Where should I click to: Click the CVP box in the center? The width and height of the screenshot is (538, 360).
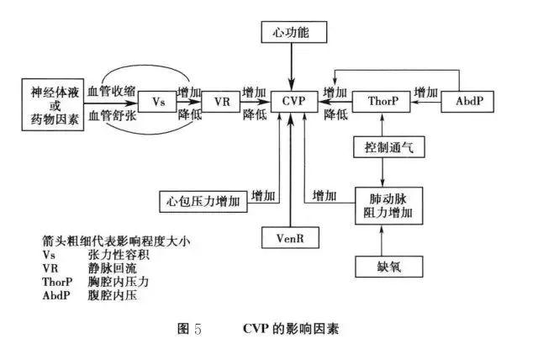[x=289, y=102]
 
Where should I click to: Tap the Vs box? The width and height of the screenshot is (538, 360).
[x=157, y=102]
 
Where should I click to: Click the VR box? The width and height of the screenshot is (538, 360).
[x=221, y=102]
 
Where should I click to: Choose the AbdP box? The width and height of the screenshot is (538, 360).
[x=467, y=102]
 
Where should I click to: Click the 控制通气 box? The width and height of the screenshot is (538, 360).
[x=382, y=148]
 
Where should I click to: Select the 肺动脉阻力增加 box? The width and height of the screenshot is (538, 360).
[x=384, y=204]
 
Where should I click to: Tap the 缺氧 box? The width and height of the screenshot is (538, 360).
[x=382, y=267]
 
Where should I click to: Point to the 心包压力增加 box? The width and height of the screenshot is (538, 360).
[x=203, y=201]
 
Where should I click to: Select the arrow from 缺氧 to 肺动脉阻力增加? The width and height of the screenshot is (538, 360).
[x=382, y=240]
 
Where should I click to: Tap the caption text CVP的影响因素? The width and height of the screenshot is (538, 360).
[x=294, y=329]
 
